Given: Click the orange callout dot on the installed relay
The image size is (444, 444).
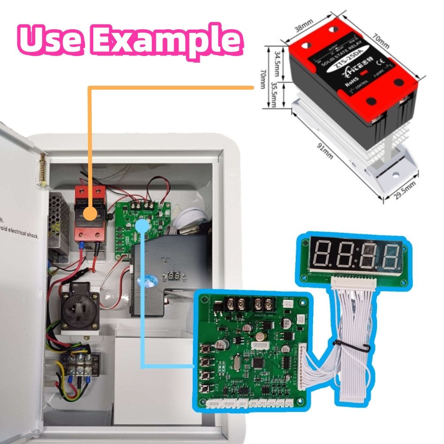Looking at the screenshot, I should (x=91, y=213).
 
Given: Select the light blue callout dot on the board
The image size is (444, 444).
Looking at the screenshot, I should (x=142, y=226).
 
